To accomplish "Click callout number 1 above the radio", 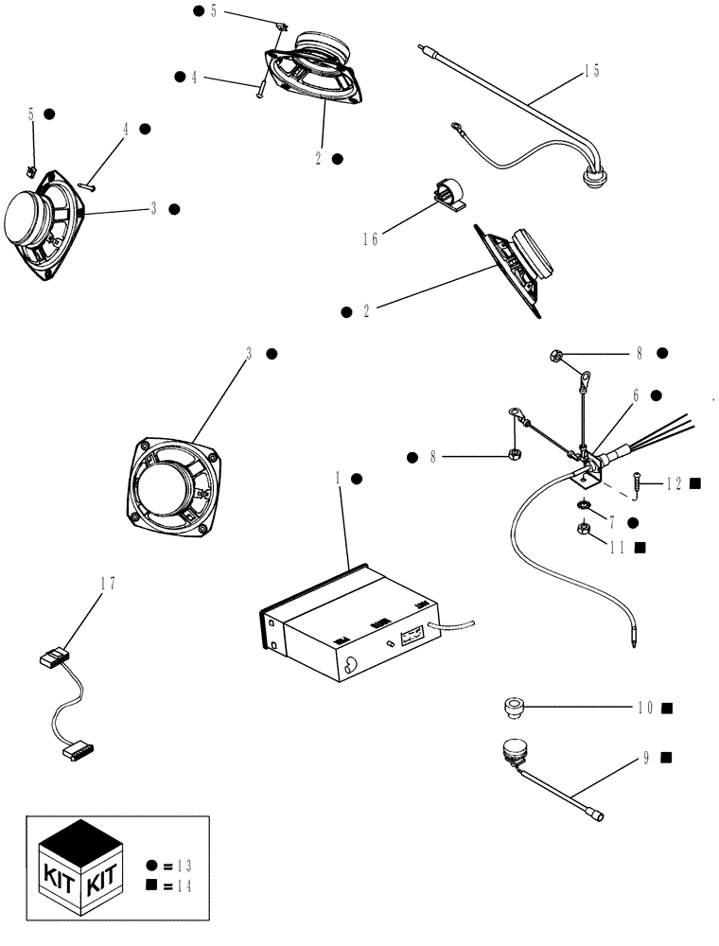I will (x=337, y=479).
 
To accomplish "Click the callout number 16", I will (x=370, y=239).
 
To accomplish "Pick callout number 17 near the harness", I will (x=109, y=584).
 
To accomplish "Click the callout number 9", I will (x=645, y=757).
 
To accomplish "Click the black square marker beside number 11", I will (x=667, y=548).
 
